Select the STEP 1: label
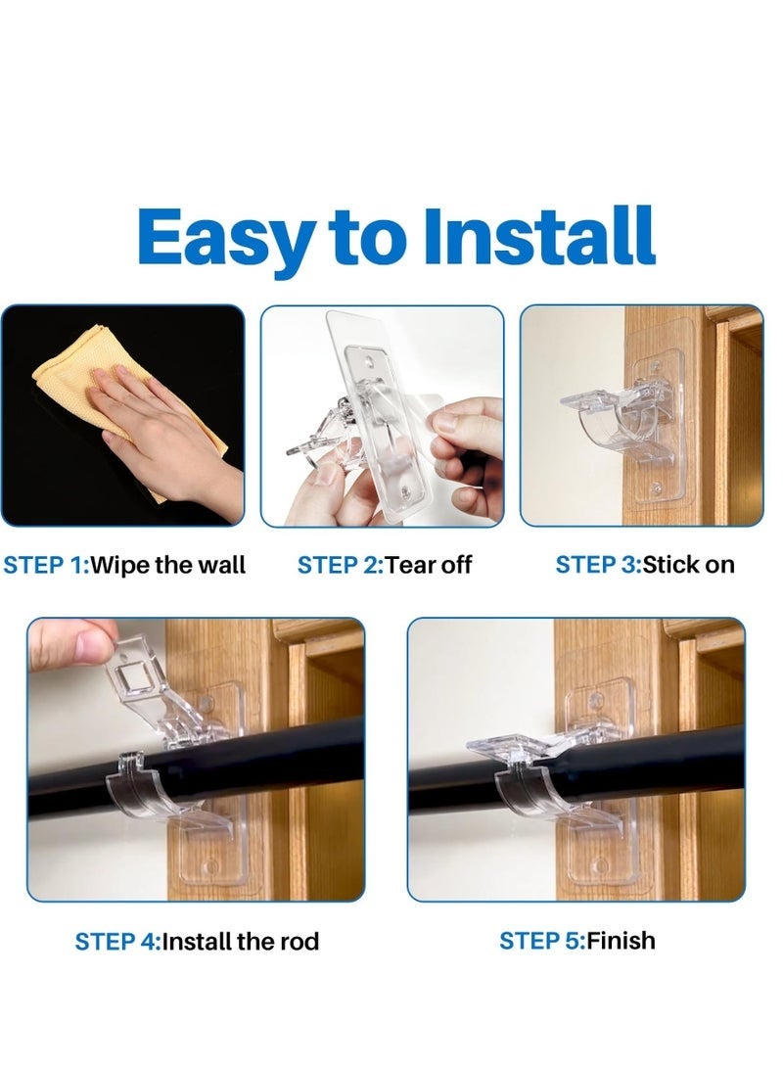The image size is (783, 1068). coord(45,565)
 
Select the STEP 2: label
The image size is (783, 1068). coord(339,565)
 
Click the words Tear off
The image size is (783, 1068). coord(429,565)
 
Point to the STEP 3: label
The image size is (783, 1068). coord(597,565)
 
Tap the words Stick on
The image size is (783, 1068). coord(688,565)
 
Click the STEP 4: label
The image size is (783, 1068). coord(116,942)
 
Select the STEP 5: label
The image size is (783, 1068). coord(541,941)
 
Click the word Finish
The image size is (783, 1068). coord(621,941)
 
